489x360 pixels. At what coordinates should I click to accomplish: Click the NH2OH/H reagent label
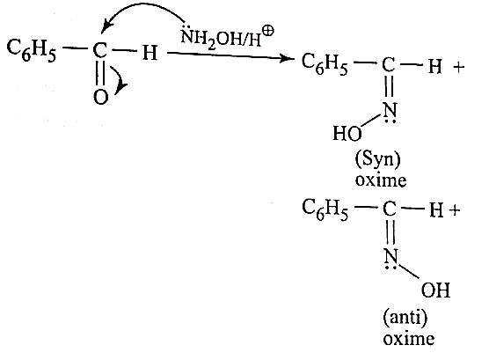221,39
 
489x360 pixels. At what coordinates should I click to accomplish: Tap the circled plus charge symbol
268,31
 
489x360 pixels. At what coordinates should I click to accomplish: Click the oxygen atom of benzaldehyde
100,97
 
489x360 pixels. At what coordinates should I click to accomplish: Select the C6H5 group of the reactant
31,50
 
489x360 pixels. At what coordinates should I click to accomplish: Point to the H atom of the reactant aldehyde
150,53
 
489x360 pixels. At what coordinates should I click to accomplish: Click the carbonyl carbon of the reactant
99,50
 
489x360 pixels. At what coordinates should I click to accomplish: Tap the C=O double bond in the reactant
100,74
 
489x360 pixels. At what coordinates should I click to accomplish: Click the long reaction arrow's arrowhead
285,58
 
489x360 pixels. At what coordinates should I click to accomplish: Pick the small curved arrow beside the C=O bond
120,77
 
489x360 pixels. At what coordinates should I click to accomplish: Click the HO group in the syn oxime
347,133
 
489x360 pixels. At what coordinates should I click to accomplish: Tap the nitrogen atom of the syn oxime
390,110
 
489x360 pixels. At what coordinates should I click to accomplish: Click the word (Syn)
377,160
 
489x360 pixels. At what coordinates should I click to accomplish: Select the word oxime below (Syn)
381,180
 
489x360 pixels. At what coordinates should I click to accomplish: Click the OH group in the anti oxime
436,290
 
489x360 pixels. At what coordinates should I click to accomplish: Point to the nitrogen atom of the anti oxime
391,256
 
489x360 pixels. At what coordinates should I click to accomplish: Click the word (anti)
405,319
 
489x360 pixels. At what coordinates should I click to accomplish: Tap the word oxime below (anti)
409,339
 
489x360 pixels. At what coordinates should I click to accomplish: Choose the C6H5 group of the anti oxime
325,209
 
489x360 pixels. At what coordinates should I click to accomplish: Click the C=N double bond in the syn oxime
390,87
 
